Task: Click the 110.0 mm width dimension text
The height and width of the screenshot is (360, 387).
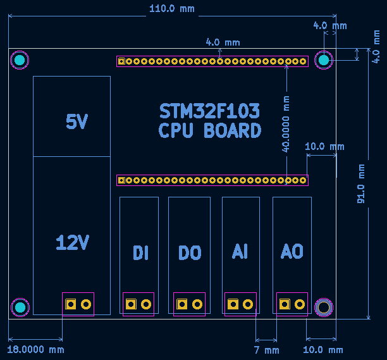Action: (172, 9)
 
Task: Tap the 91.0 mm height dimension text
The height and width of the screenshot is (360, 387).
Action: (361, 183)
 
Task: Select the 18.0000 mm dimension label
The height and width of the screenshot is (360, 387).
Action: (36, 350)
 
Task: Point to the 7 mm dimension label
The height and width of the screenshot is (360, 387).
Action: (267, 350)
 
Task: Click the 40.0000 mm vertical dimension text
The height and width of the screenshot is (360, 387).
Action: (286, 124)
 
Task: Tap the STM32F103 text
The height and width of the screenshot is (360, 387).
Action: (209, 111)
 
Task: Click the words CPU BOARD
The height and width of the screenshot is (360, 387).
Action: (209, 130)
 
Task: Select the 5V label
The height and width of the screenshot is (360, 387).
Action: (77, 121)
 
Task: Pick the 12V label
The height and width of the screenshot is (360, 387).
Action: (72, 242)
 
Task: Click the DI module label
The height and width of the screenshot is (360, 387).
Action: (140, 252)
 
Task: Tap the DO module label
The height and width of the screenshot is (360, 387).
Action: (190, 252)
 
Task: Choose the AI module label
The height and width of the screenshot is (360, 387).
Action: (240, 252)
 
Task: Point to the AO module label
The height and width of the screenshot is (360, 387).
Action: (292, 252)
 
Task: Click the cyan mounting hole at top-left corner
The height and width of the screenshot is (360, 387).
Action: (20, 60)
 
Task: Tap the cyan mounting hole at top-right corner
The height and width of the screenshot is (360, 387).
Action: (324, 60)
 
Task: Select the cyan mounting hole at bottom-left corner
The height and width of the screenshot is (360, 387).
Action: (20, 307)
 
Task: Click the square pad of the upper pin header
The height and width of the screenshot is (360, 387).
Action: (121, 61)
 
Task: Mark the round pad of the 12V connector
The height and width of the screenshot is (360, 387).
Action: (86, 304)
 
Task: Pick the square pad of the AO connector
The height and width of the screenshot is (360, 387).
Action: (285, 304)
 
